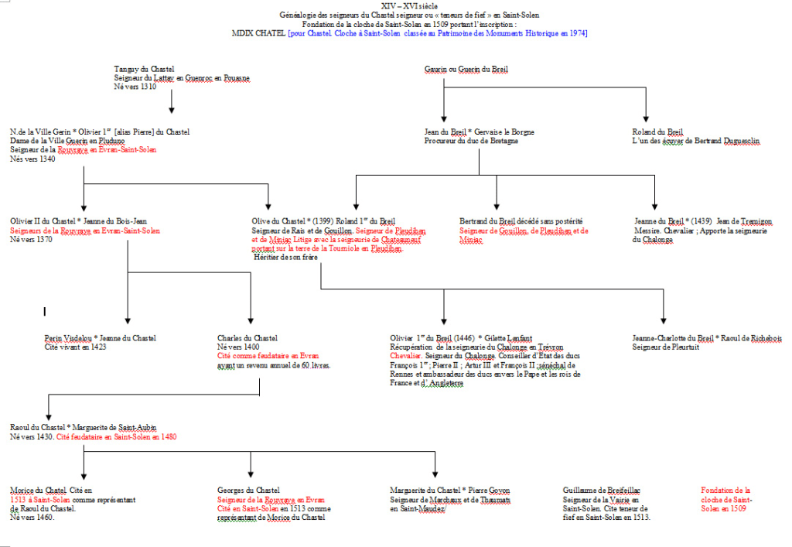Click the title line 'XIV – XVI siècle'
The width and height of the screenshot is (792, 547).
(395, 6)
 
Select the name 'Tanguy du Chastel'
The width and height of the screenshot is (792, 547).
(144, 70)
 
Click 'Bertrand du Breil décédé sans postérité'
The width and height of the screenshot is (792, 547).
(521, 221)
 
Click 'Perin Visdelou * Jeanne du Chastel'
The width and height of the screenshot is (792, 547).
(101, 338)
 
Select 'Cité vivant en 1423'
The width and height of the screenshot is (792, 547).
(75, 347)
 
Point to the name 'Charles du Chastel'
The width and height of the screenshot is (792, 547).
(247, 338)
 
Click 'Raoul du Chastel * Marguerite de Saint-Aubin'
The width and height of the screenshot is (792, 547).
(83, 427)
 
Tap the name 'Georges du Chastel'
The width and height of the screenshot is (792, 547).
(248, 491)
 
